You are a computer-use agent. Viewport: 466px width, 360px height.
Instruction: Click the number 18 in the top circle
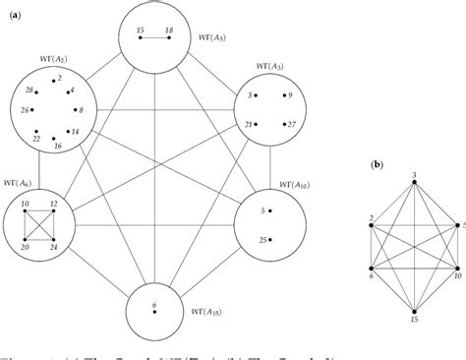click(x=169, y=31)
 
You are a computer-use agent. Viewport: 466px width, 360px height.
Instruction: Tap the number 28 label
click(x=30, y=90)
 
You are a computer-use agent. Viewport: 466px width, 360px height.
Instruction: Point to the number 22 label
click(x=36, y=139)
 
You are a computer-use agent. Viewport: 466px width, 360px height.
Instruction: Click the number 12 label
click(x=53, y=205)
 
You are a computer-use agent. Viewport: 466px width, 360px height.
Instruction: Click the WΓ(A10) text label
click(x=280, y=184)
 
